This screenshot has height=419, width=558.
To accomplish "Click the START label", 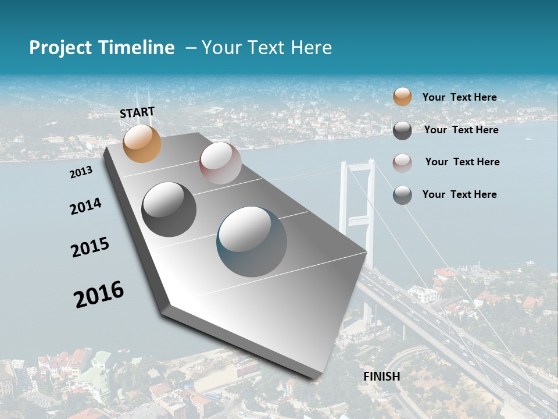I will pyautogui.click(x=137, y=112).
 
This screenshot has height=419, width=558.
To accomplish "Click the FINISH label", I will pyautogui.click(x=381, y=377).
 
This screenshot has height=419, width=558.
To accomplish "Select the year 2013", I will pyautogui.click(x=81, y=172).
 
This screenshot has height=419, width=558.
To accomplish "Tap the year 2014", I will pyautogui.click(x=85, y=206).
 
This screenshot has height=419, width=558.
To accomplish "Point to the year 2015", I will pyautogui.click(x=90, y=247).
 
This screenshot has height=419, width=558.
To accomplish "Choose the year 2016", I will pyautogui.click(x=99, y=294).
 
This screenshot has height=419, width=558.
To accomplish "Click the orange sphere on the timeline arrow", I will pyautogui.click(x=142, y=143).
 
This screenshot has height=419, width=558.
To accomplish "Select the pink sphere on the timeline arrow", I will pyautogui.click(x=220, y=163).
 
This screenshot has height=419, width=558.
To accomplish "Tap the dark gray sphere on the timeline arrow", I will pyautogui.click(x=169, y=210).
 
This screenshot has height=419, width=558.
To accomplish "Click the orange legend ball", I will pyautogui.click(x=402, y=97).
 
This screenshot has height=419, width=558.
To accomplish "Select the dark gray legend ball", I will pyautogui.click(x=402, y=130).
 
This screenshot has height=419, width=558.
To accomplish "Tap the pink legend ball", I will pyautogui.click(x=402, y=163).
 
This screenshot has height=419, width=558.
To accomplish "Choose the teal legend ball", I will pyautogui.click(x=402, y=195).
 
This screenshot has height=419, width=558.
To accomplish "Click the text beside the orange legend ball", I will pyautogui.click(x=459, y=97).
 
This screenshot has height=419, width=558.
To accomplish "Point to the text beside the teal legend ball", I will pyautogui.click(x=459, y=194).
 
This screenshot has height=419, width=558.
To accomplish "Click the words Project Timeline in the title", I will pyautogui.click(x=102, y=48).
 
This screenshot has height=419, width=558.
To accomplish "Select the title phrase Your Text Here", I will pyautogui.click(x=266, y=48).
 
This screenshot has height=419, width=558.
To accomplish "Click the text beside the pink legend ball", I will pyautogui.click(x=462, y=162).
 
